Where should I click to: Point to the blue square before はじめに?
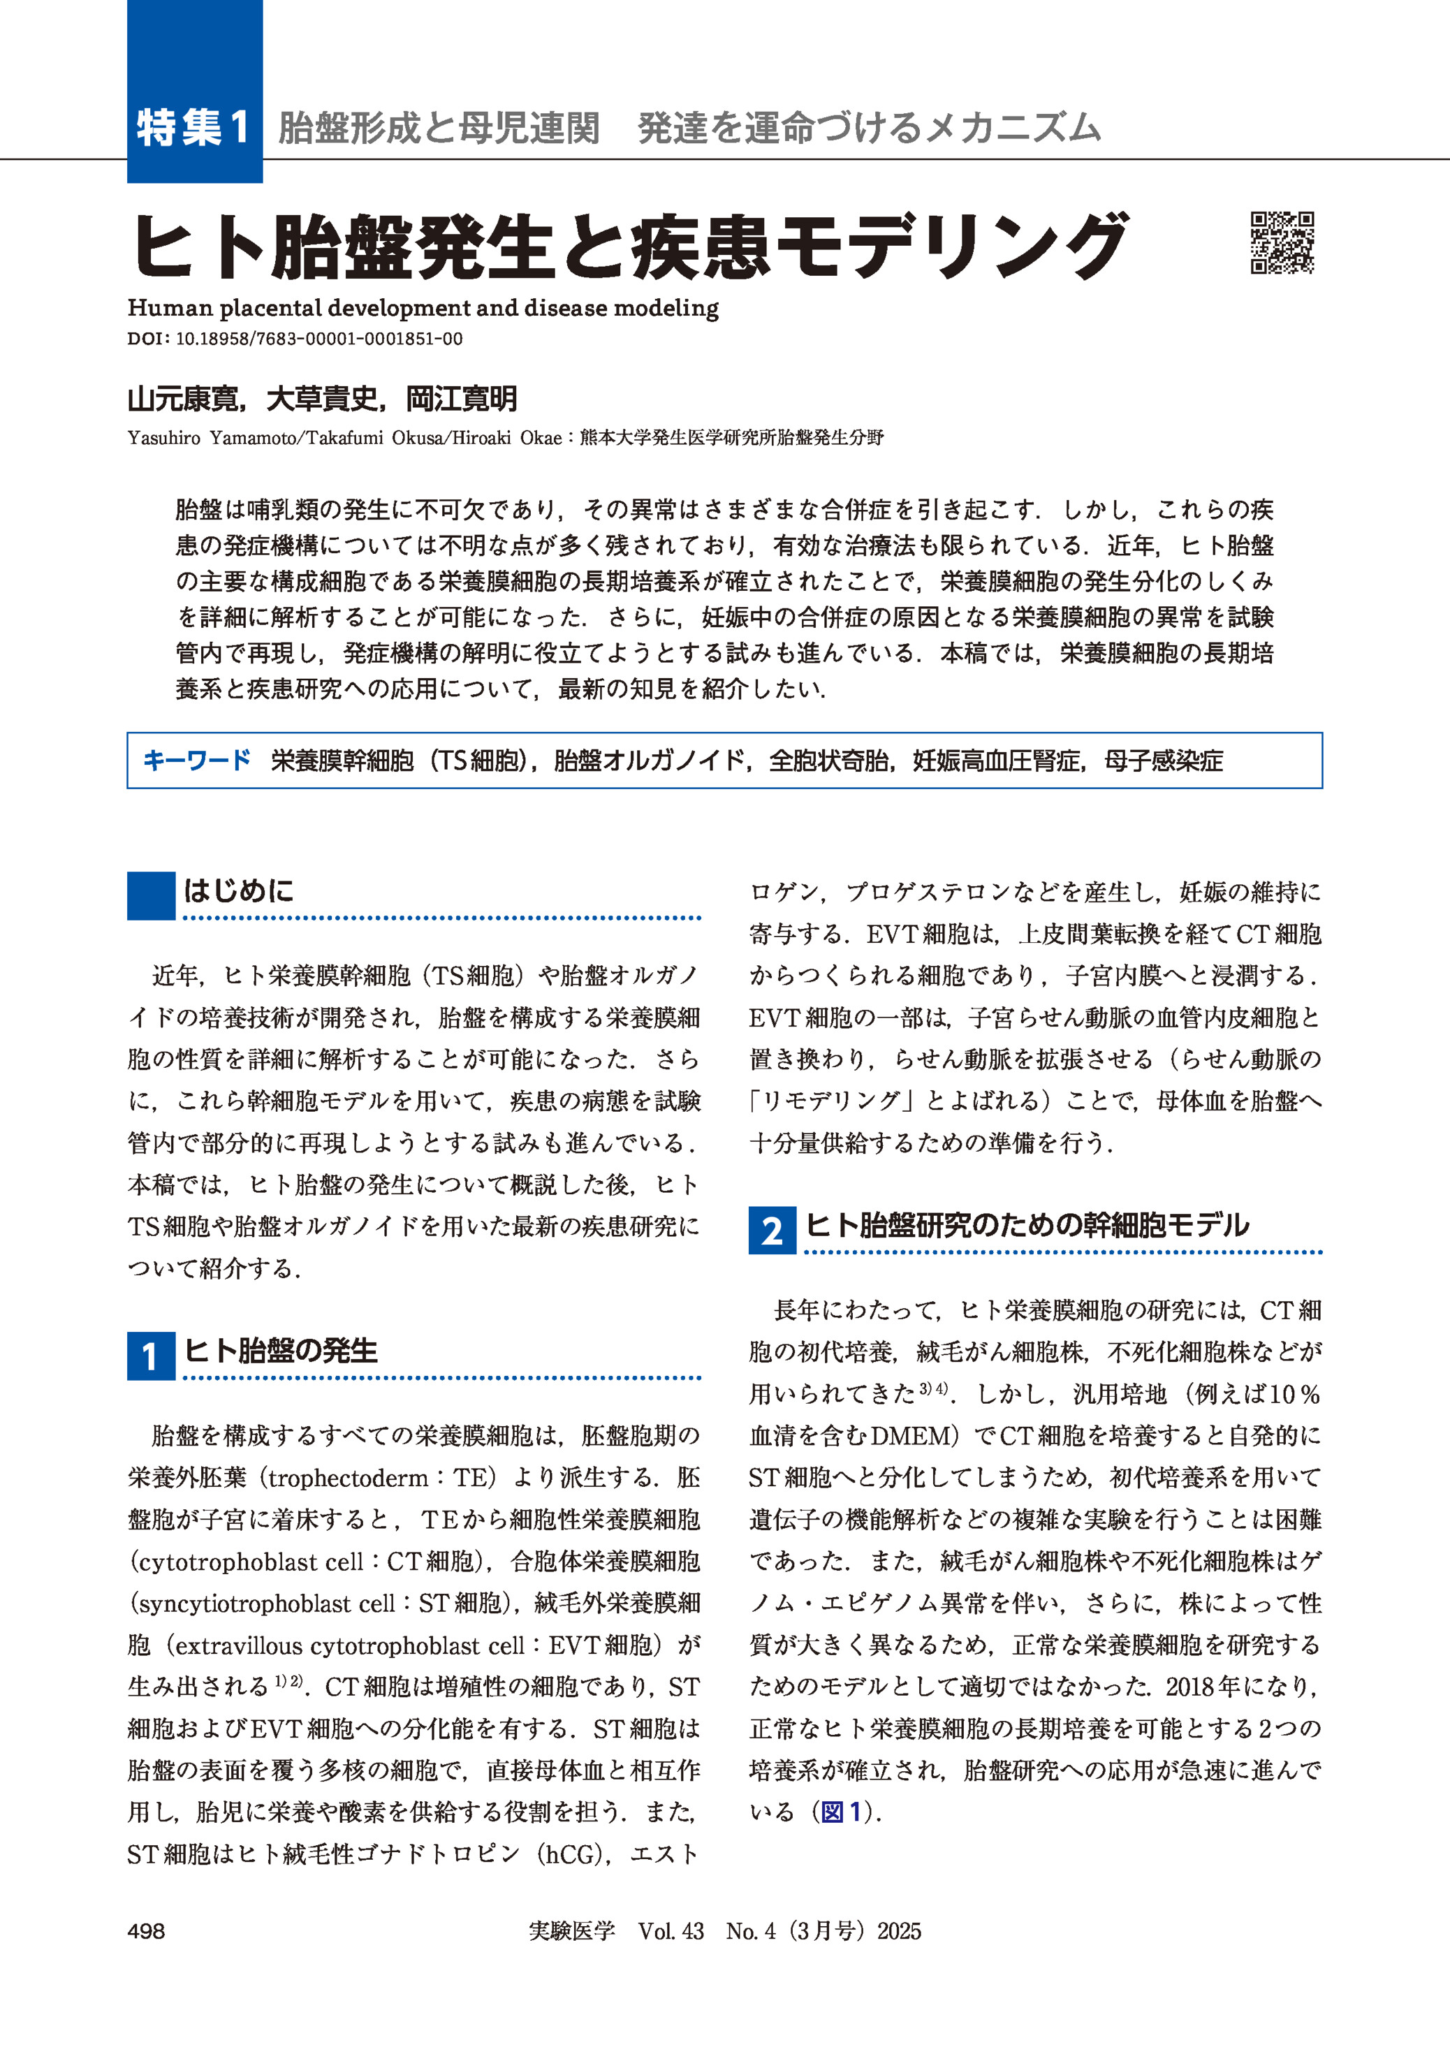click(151, 895)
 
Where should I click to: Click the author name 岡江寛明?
click(462, 399)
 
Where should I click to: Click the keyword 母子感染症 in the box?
click(1164, 761)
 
